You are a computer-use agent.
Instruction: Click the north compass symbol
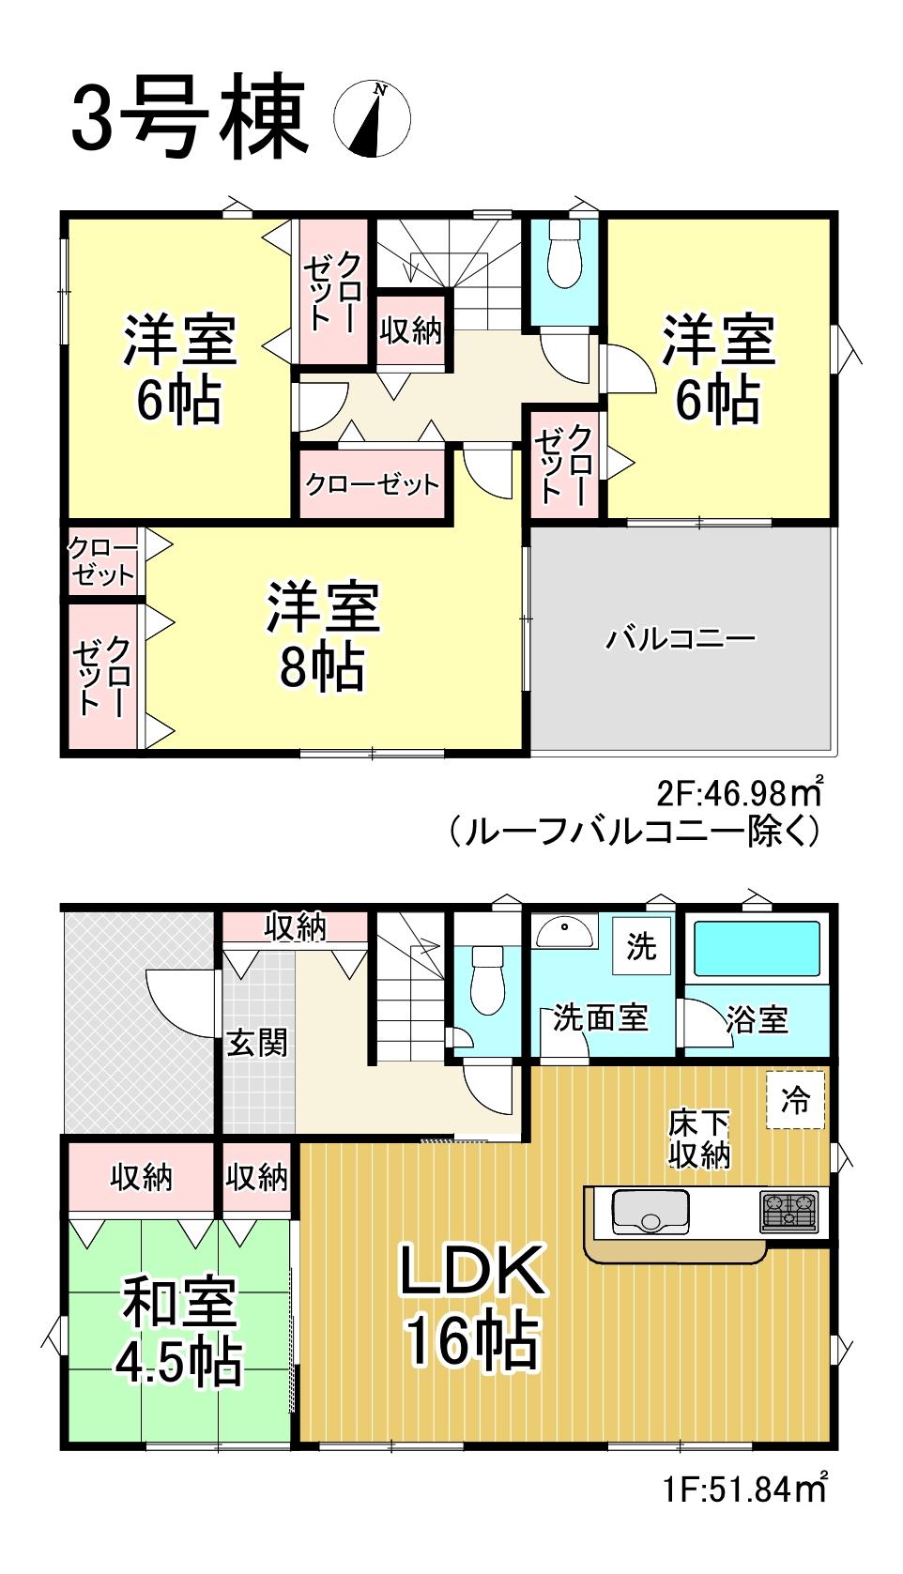pos(373,118)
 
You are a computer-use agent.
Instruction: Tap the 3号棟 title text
pos(190,116)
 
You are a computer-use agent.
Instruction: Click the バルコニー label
pos(681,639)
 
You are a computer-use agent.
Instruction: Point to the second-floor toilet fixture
pos(564,255)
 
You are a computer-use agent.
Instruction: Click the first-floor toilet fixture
pos(486,979)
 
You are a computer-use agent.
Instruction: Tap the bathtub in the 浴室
pos(758,948)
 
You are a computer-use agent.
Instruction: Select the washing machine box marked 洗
pos(642,946)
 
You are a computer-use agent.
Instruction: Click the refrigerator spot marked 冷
pos(795,1100)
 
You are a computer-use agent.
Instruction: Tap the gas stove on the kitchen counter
pos(788,1212)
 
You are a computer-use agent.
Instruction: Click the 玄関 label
pos(256,1042)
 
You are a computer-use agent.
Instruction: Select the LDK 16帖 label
pos(472,1307)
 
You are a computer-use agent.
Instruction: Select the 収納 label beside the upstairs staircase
pos(410,330)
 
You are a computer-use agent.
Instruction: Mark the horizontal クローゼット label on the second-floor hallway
pos(373,484)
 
